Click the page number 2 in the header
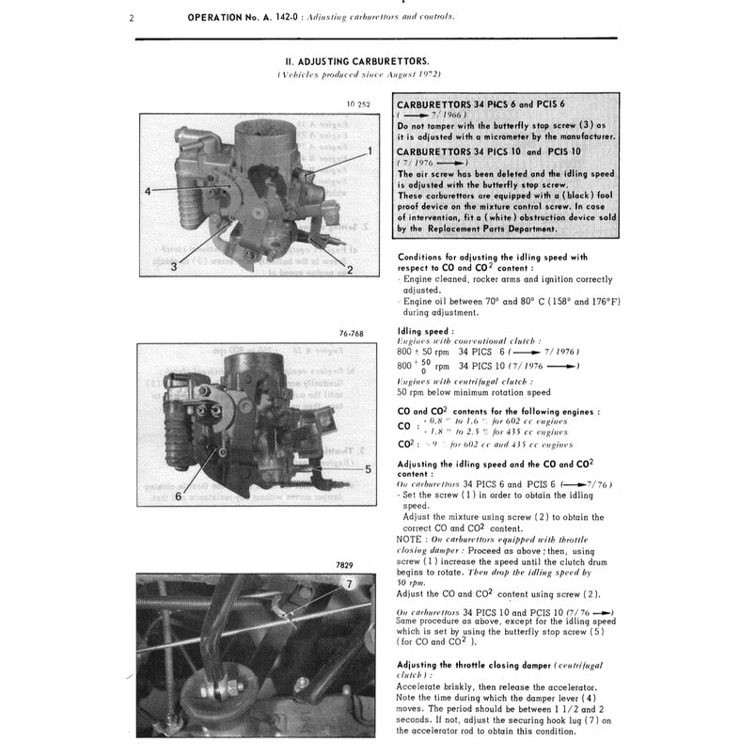click(130, 18)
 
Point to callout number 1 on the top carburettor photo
click(370, 150)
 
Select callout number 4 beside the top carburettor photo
click(148, 192)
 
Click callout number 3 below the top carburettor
click(173, 267)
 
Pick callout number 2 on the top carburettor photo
click(349, 271)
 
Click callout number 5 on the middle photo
click(368, 467)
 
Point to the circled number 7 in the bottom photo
click(348, 584)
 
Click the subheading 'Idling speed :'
click(426, 331)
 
